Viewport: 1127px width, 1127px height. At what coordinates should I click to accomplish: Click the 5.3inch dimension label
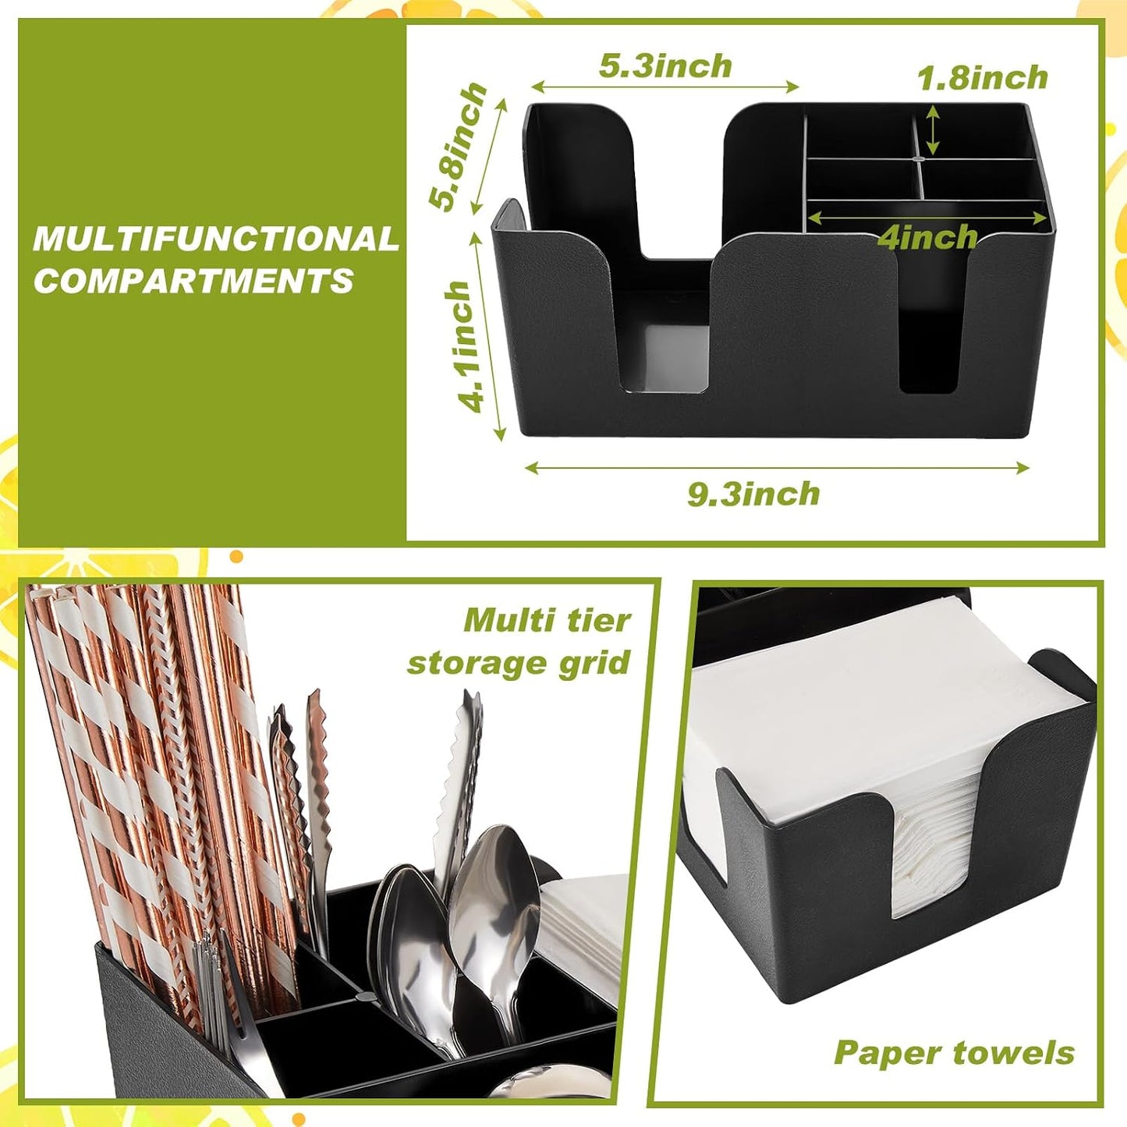665,66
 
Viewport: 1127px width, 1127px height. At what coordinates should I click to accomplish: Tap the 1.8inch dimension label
982,78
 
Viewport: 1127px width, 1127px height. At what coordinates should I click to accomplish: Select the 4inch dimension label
929,237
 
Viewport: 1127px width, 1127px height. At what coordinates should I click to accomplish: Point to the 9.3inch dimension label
753,494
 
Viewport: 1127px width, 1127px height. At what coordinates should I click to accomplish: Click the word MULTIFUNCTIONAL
215,239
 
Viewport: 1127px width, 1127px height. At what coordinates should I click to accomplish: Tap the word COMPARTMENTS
193,281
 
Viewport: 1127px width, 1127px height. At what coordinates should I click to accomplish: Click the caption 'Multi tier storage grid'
519,642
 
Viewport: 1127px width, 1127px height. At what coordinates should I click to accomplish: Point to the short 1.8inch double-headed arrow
933,129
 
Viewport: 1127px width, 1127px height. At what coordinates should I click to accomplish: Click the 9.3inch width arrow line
777,467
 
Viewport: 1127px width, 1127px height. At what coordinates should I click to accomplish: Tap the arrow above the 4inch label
928,218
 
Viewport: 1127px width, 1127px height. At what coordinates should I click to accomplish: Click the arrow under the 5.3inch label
665,87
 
